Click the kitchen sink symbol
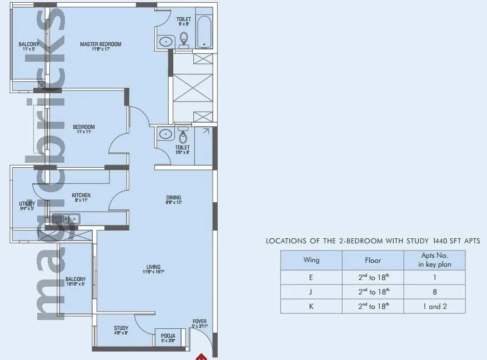(x=66, y=219)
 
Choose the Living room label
(x=153, y=269)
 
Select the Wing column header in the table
(x=311, y=260)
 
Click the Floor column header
(x=373, y=260)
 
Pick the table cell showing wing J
(x=311, y=291)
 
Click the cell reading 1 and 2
(x=435, y=306)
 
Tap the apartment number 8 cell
(x=435, y=291)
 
